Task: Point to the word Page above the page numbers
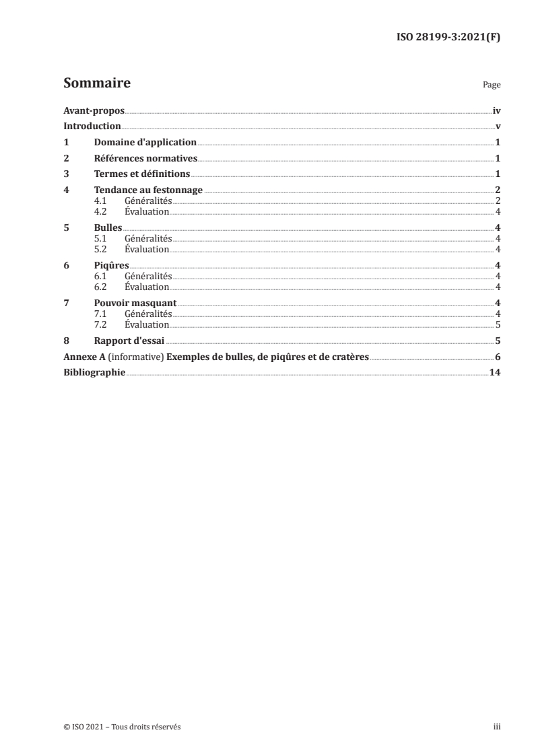(492, 85)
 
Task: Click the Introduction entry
(92, 127)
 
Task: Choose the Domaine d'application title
(145, 143)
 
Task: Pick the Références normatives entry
(145, 159)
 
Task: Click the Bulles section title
(108, 227)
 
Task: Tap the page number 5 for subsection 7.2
(497, 324)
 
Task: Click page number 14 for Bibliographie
(494, 373)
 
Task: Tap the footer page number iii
(497, 727)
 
